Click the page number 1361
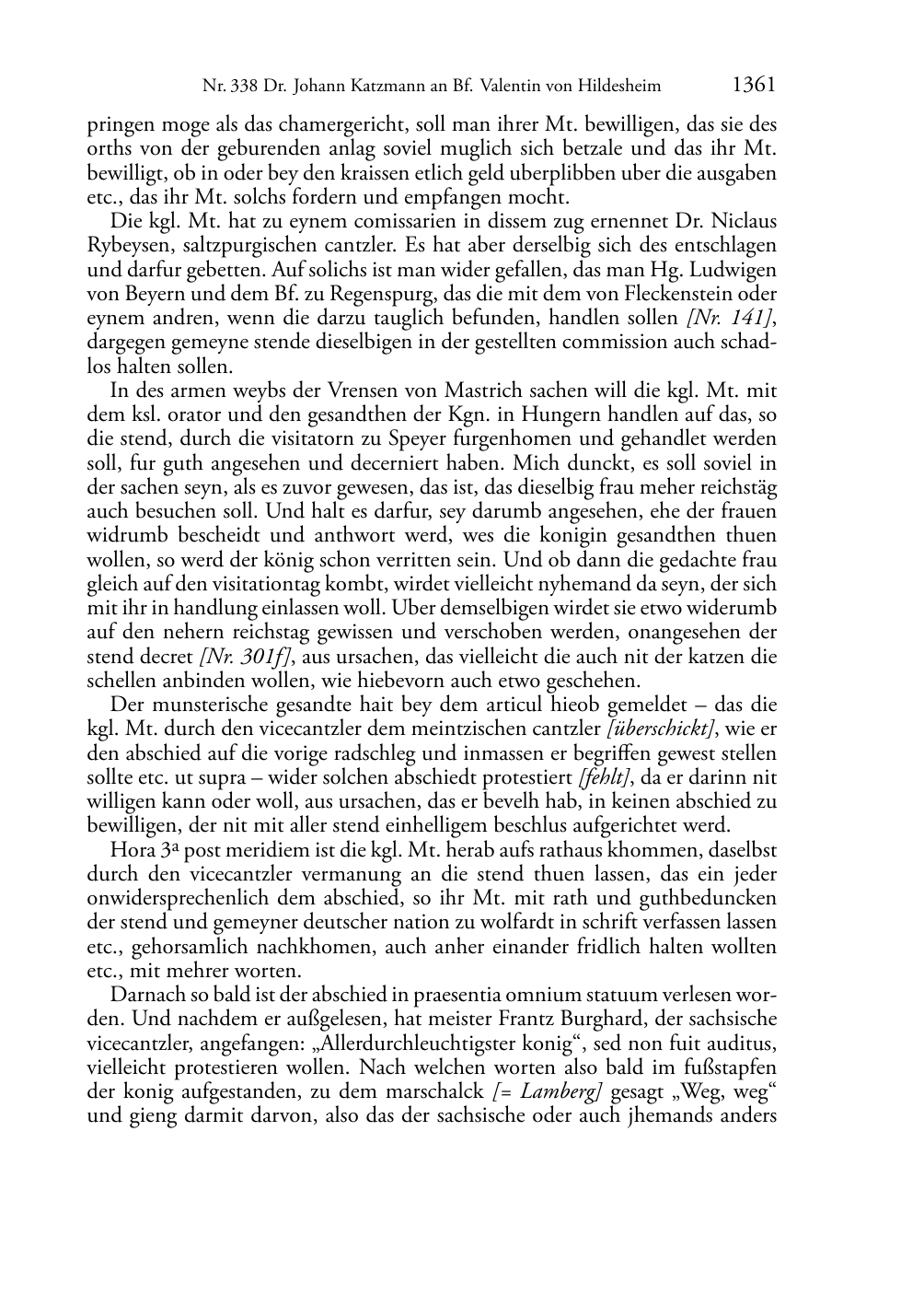coord(754,85)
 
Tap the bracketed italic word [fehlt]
coord(605,777)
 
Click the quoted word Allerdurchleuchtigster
coord(395,1044)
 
